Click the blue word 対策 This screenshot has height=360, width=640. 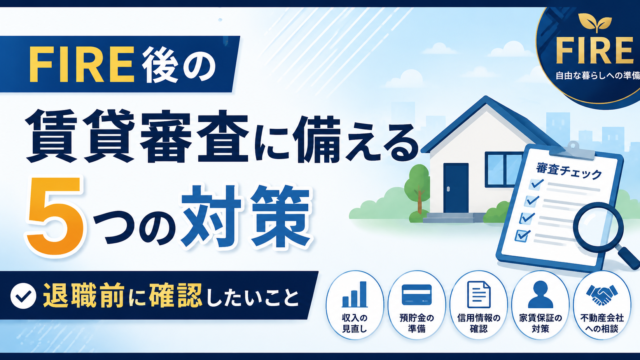(x=246, y=217)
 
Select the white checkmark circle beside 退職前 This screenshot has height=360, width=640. (x=23, y=296)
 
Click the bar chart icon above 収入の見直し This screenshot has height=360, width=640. (x=354, y=294)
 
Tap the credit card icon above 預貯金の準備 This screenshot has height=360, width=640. (x=416, y=295)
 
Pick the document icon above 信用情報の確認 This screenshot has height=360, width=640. (x=478, y=294)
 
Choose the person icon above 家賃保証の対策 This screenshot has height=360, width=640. (x=540, y=294)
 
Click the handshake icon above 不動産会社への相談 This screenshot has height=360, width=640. (x=602, y=295)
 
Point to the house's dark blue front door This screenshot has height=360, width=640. (x=456, y=188)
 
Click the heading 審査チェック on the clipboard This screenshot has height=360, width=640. (x=569, y=171)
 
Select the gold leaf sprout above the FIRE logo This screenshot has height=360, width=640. (x=595, y=22)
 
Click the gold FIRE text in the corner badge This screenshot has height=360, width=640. (x=594, y=50)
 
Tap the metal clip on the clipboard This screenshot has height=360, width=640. (x=573, y=150)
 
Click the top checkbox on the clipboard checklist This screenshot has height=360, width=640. (x=535, y=184)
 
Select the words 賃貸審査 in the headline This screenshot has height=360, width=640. (x=136, y=136)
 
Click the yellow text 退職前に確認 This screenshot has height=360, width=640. (x=122, y=296)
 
